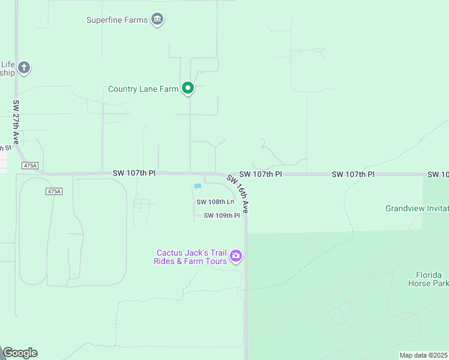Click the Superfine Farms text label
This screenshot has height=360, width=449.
tap(116, 20)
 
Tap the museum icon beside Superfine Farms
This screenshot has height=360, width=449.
tap(157, 19)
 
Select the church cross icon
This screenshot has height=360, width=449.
tap(23, 67)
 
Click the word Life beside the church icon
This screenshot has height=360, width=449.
tap(7, 64)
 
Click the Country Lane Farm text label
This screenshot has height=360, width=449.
tap(143, 89)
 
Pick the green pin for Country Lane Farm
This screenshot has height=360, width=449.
tap(188, 89)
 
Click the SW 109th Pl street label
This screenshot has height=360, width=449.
tap(221, 215)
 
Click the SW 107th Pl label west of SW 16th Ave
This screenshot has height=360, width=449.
tap(134, 173)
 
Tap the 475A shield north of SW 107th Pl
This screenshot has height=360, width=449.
tap(29, 165)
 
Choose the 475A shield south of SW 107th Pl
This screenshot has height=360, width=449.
tap(53, 191)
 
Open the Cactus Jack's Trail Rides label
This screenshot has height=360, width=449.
tap(191, 257)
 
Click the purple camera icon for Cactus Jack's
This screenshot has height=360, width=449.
tap(236, 256)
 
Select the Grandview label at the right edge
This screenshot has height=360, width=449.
tap(417, 208)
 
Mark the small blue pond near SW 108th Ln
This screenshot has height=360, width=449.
tap(197, 186)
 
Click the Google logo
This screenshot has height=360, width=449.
tap(20, 353)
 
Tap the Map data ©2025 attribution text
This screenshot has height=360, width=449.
tap(423, 355)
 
